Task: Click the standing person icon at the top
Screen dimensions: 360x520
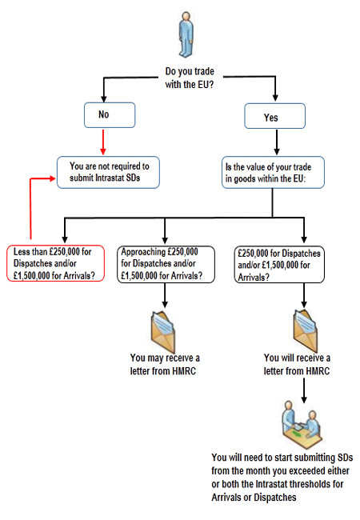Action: (186, 35)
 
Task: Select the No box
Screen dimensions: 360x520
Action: (110, 115)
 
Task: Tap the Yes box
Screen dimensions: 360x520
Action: (275, 116)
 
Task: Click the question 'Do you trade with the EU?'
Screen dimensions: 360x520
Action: (190, 78)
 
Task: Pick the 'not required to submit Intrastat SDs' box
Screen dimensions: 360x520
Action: (108, 173)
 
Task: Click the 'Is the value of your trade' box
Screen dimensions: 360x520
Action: (273, 173)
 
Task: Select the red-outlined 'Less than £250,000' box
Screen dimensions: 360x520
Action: (56, 263)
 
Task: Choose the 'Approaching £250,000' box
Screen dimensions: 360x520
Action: (166, 264)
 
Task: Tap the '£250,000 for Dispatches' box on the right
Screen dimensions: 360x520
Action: (279, 264)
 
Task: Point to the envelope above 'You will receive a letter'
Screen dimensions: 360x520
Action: (306, 330)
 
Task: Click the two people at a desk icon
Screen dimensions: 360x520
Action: (302, 424)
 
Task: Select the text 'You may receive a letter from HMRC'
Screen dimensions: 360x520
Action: (165, 364)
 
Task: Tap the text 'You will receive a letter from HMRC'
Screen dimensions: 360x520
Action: (297, 364)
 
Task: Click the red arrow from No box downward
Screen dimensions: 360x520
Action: (103, 142)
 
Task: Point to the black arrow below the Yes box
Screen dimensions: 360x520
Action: (277, 142)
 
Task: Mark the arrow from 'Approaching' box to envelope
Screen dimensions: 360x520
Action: (165, 295)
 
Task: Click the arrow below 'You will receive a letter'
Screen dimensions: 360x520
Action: (304, 391)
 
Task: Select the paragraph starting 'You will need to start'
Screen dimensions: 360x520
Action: (282, 478)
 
